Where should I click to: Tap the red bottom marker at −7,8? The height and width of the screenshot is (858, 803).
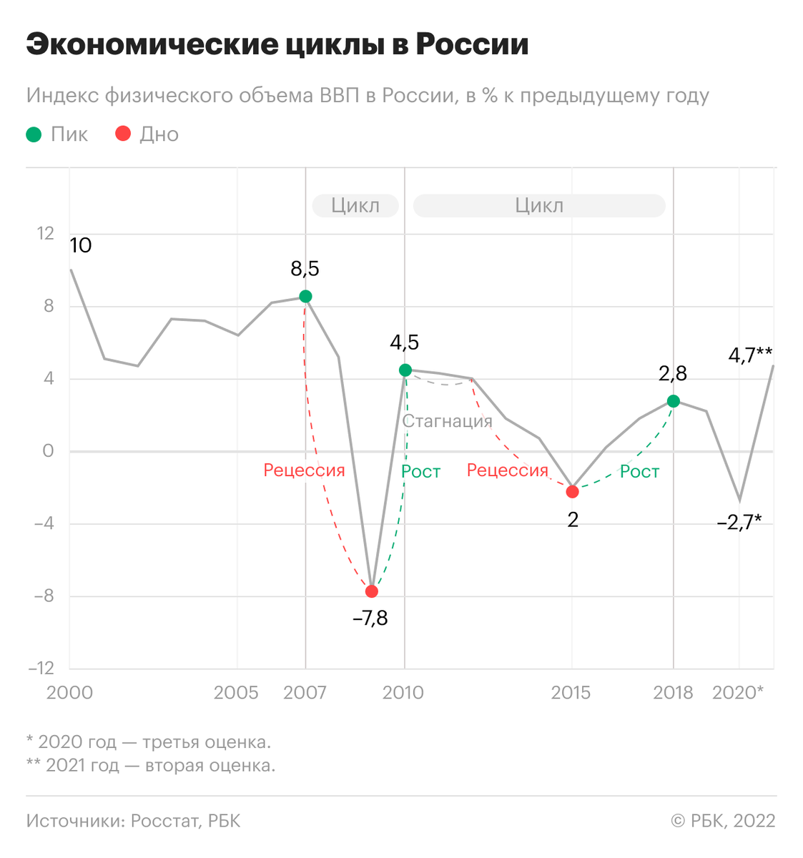[x=371, y=591]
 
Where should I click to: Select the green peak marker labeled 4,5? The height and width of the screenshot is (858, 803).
[x=405, y=370]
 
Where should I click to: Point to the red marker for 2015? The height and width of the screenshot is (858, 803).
[x=572, y=492]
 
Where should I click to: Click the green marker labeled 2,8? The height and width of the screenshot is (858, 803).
[x=673, y=401]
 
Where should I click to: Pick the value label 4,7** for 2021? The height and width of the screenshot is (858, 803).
[x=750, y=355]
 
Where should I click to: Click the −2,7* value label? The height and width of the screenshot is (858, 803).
[x=739, y=523]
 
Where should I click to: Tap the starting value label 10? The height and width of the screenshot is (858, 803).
[x=81, y=246]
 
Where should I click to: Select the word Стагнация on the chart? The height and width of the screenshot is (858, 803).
[x=447, y=421]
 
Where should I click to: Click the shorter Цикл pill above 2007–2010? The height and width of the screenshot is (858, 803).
[x=355, y=206]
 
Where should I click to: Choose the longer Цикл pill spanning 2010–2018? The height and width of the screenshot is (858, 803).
[x=539, y=206]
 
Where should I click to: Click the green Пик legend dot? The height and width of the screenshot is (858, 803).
[x=34, y=134]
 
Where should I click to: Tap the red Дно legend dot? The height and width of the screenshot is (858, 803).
[x=123, y=134]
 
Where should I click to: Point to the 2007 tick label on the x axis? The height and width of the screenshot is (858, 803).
[x=305, y=693]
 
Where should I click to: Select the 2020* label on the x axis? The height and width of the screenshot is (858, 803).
[x=737, y=693]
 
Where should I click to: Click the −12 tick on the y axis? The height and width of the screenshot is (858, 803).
[x=41, y=669]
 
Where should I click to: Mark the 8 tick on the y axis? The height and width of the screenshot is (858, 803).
[x=49, y=306]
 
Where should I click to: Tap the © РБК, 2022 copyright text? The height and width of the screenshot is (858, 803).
[x=722, y=821]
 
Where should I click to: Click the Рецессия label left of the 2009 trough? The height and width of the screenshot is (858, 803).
[x=304, y=470]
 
